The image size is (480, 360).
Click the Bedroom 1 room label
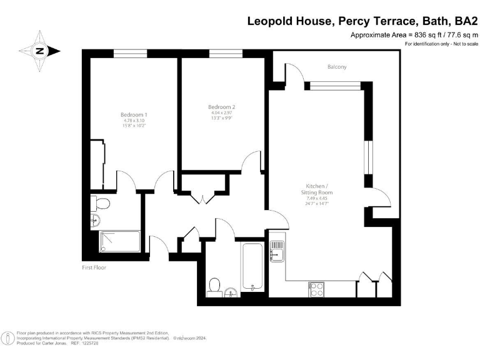[x=134, y=114]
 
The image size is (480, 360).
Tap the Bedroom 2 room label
[x=221, y=107]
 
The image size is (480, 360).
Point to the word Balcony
[x=337, y=67]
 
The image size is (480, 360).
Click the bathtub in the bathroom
[x=252, y=267]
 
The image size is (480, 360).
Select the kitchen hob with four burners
[x=316, y=289]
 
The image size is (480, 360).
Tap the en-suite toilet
[x=101, y=202]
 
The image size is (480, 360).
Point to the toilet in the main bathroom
[x=214, y=286]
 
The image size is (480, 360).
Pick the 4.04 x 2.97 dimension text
[x=221, y=113]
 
